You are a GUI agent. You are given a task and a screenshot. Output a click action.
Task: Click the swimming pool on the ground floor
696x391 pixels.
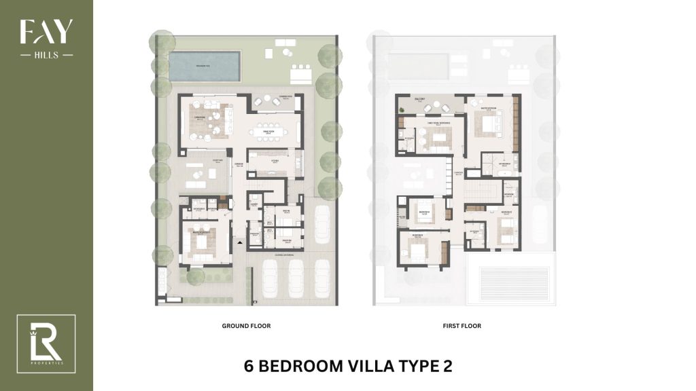pyautogui.click(x=203, y=66)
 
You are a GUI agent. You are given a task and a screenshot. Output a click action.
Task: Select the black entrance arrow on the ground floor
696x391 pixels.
pyautogui.click(x=239, y=242)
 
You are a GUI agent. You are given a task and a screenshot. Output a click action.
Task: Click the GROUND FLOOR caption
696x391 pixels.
pyautogui.click(x=246, y=326)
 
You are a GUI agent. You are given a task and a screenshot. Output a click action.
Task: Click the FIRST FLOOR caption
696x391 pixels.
pyautogui.click(x=462, y=326)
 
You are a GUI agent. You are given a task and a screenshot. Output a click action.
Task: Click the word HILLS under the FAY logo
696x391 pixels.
pyautogui.click(x=46, y=55)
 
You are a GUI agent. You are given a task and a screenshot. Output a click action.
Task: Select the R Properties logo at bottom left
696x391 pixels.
pyautogui.click(x=46, y=343)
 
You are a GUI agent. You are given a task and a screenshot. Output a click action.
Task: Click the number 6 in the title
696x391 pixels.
pyautogui.click(x=249, y=366)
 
